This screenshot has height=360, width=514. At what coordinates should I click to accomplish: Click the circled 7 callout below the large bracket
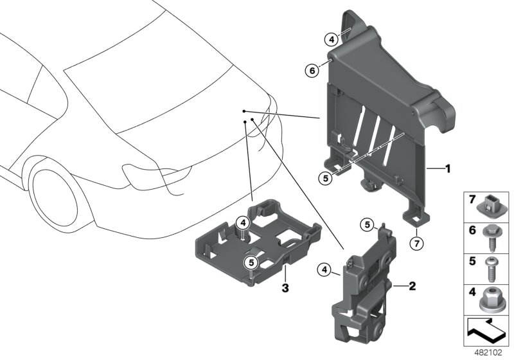click(416, 242)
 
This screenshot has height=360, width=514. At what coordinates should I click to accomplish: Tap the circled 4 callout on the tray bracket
click(242, 222)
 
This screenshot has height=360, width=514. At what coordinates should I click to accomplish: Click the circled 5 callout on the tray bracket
click(251, 262)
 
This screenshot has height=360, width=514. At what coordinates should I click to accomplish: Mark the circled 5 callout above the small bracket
click(366, 225)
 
